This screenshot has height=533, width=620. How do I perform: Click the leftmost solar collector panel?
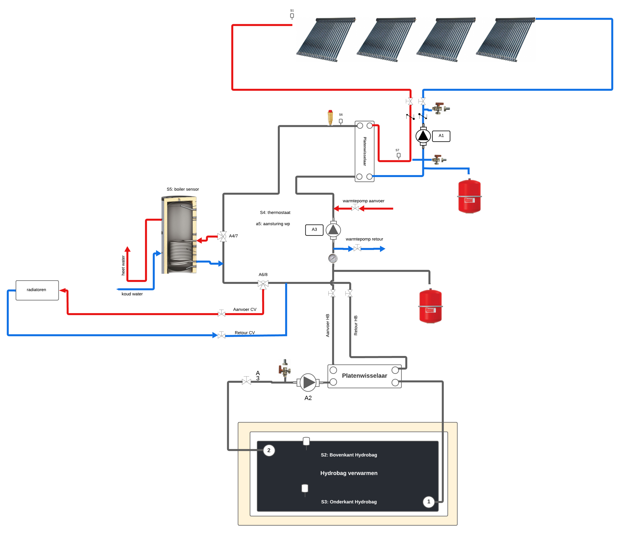click(x=326, y=40)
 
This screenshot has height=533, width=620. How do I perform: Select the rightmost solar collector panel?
click(x=506, y=40)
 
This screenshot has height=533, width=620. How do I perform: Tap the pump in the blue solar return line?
click(x=423, y=136)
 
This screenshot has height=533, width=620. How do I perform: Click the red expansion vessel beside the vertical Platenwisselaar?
click(x=469, y=196)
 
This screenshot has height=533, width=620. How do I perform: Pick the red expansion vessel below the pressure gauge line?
click(x=430, y=306)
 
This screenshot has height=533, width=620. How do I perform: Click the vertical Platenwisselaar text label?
click(x=365, y=151)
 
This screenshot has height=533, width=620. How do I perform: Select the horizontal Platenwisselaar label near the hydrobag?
click(x=364, y=376)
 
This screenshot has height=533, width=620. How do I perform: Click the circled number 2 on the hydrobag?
click(x=269, y=450)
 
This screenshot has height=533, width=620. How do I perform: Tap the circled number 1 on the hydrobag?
click(x=428, y=502)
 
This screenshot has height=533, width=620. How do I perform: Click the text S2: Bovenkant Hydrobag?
click(x=349, y=455)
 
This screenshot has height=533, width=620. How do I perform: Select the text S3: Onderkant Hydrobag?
click(x=349, y=502)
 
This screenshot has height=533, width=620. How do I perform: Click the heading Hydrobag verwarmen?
click(x=349, y=473)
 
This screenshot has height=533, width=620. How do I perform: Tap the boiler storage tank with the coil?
click(x=179, y=233)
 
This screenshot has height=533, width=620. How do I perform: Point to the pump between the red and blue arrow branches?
click(x=333, y=230)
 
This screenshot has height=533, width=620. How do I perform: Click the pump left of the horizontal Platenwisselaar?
click(x=308, y=382)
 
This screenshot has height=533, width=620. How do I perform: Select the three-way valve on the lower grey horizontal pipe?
click(x=263, y=284)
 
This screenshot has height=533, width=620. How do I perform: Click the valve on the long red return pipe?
click(x=221, y=314)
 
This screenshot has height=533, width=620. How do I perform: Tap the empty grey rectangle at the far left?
click(x=37, y=290)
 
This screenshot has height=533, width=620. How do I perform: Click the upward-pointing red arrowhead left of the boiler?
click(x=127, y=249)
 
